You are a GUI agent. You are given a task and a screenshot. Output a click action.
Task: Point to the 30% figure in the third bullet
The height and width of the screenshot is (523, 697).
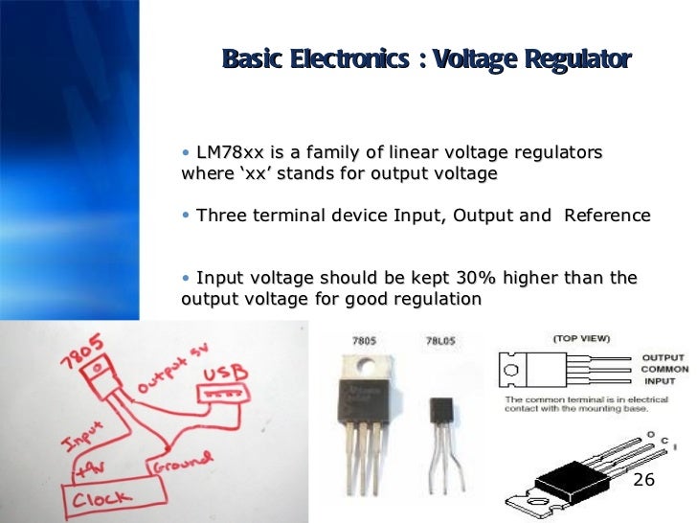coord(471,279)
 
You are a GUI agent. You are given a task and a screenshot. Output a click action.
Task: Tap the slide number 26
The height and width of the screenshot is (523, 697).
coord(643,479)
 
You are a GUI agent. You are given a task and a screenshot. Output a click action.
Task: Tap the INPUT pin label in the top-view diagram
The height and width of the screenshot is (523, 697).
coord(660,380)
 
